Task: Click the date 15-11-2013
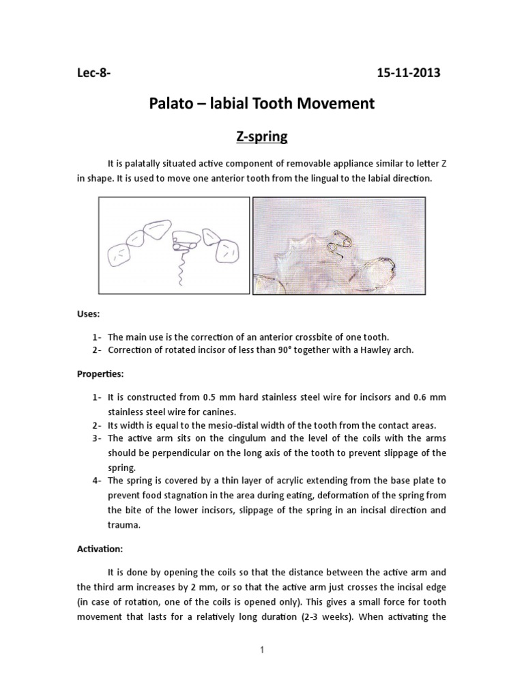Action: coord(409,73)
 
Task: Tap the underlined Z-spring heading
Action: coord(262,137)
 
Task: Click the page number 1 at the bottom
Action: coord(262,651)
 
